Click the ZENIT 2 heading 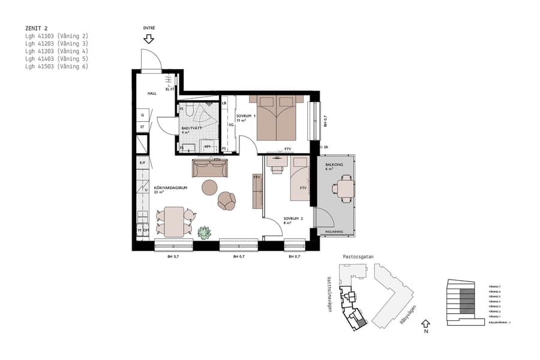[x=36, y=28]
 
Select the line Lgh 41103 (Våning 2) [x=56, y=36]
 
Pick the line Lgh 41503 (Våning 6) [x=56, y=67]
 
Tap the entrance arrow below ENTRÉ [x=149, y=39]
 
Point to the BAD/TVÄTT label [x=191, y=127]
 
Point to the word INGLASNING [x=334, y=232]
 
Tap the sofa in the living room [x=210, y=169]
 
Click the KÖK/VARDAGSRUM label [x=171, y=188]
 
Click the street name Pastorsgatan [x=358, y=256]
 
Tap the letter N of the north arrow [x=425, y=331]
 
